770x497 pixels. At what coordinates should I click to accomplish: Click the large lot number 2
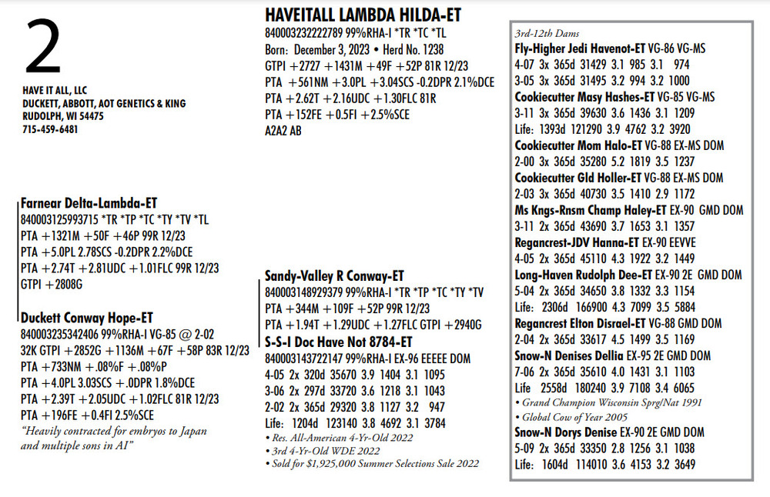pos(43,49)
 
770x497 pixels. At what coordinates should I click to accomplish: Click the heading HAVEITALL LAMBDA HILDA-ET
pos(363,16)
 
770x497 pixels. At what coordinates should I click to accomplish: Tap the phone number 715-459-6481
pos(50,129)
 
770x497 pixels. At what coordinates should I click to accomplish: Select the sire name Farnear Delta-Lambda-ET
pos(89,204)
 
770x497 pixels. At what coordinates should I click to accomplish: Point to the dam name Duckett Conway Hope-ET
pos(86,318)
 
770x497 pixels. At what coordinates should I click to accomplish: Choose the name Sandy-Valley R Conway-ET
pos(334,275)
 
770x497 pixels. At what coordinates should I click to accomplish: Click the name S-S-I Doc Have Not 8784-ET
pos(338,341)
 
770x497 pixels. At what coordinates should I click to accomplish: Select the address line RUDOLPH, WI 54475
pos(63,116)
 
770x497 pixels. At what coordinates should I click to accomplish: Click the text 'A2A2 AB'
pos(283,131)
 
